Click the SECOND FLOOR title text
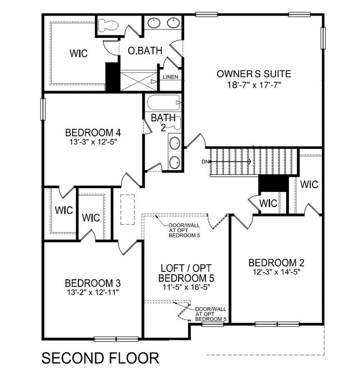[x=101, y=357]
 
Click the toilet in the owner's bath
[x=107, y=25]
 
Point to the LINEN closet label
[x=170, y=77]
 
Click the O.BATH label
[x=145, y=50]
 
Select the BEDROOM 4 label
[x=93, y=133]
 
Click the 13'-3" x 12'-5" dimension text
[x=93, y=142]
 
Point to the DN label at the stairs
[x=206, y=162]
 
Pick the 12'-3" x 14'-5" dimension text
[x=277, y=273]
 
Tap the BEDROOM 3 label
[x=93, y=283]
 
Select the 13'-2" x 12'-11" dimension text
[x=93, y=292]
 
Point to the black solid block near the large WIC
[x=113, y=77]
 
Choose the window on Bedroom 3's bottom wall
[x=112, y=338]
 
